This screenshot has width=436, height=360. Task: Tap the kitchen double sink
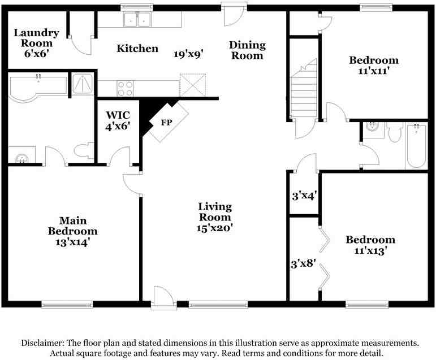(137, 19)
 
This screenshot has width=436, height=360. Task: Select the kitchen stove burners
(125, 88)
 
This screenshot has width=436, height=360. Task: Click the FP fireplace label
(167, 122)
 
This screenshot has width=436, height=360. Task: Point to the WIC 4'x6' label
(118, 120)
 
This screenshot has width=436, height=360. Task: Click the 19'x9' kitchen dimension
(188, 54)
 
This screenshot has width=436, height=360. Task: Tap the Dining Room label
(247, 50)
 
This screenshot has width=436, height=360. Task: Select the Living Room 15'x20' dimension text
(214, 228)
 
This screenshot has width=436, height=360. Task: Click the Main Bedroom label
(72, 225)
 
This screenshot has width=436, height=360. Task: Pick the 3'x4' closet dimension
(304, 196)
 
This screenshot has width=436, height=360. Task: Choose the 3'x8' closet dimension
(303, 263)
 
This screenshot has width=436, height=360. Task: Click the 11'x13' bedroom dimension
(371, 251)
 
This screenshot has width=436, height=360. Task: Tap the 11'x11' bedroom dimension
(373, 71)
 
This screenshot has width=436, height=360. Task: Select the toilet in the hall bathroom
(395, 132)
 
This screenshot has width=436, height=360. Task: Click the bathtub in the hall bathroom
(416, 146)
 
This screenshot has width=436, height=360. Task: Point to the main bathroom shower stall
(83, 84)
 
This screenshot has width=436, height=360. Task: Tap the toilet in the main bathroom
(84, 150)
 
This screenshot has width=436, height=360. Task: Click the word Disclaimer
(43, 343)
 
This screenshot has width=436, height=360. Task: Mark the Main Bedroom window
(67, 305)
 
